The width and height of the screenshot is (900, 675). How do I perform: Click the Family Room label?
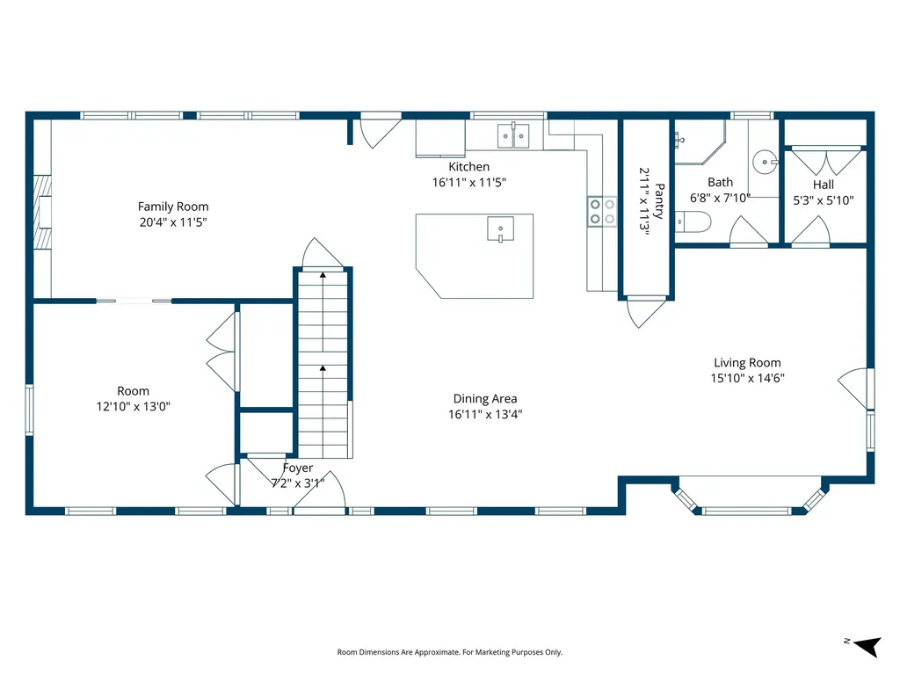[x=173, y=207]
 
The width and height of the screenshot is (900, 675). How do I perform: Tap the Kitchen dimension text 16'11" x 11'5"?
[x=469, y=183]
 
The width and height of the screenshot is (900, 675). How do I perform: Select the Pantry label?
[x=659, y=201]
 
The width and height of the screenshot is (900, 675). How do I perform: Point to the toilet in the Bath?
[x=693, y=221]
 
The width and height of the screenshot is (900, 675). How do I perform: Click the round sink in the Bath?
[x=766, y=162]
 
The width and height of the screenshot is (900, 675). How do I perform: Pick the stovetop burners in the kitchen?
[x=602, y=211]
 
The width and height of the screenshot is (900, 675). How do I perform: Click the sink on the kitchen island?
[x=500, y=229]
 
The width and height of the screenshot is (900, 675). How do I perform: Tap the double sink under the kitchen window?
[x=513, y=135]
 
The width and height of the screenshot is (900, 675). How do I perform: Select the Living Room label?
[x=747, y=363]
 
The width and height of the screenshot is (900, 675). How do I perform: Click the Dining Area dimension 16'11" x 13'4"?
[x=485, y=415]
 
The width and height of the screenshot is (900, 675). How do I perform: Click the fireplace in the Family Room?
[x=42, y=212]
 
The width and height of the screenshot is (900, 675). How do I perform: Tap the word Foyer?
[x=298, y=468]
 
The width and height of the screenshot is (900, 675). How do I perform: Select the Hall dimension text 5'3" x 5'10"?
[x=823, y=200]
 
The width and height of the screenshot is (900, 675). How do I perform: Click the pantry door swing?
[x=646, y=312]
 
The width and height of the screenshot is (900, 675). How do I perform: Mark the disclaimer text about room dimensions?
[x=449, y=652]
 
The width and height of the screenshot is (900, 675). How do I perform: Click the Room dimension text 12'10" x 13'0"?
[x=134, y=406]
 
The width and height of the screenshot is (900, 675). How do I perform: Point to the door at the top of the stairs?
[x=323, y=253]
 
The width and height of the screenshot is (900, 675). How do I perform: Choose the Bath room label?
[x=721, y=183]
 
